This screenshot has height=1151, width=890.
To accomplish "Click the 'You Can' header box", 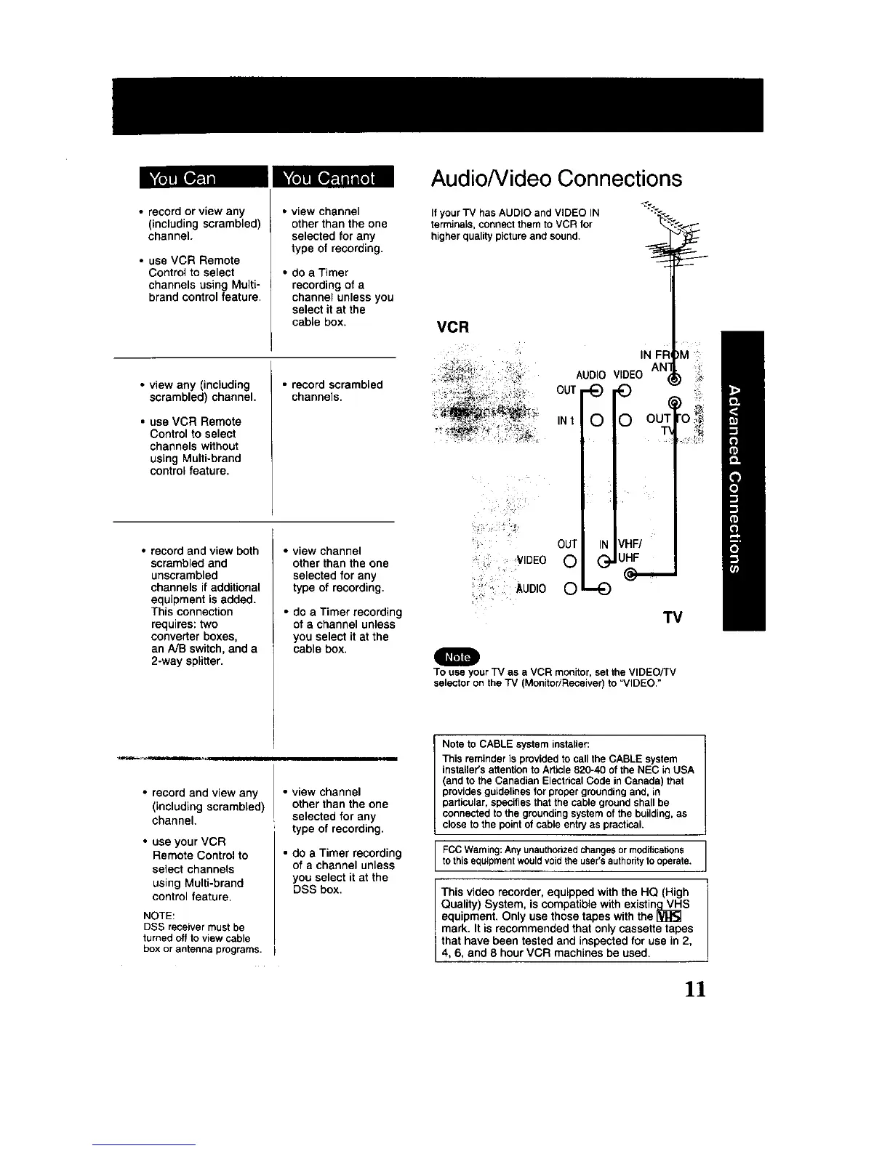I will coord(191,179).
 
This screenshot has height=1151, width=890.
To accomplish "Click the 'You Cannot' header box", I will coord(331,179).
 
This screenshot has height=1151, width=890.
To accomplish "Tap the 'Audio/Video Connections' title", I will coord(556,179).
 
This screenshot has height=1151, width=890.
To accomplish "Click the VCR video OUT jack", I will coord(624,391).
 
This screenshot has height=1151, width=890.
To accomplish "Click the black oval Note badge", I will coord(457,656).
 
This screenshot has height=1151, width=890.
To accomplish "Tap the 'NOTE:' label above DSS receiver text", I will coord(156,916).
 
